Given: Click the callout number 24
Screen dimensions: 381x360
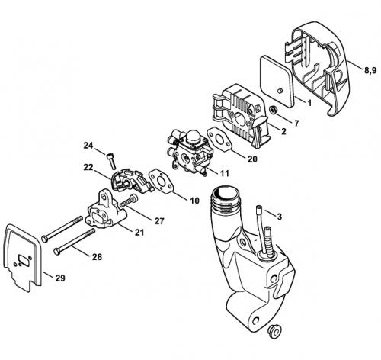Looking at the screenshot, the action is click(x=88, y=146).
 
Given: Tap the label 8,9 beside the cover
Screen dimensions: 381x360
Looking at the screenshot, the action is click(x=370, y=70).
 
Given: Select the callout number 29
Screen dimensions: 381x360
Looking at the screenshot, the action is click(x=60, y=278).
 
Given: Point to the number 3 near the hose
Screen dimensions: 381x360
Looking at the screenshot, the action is click(x=280, y=217).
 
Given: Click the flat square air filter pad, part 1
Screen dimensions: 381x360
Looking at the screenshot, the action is click(x=277, y=81).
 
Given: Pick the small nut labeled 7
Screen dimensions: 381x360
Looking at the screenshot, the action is click(x=274, y=110).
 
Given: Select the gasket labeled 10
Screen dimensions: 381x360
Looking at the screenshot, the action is click(x=161, y=182).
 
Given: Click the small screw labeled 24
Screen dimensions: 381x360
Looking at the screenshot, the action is click(x=111, y=161).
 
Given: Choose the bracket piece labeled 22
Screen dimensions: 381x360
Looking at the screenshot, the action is click(x=132, y=180).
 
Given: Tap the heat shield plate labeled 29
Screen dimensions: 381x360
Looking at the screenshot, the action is click(x=22, y=257).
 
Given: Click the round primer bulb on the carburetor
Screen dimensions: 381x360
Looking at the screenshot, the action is click(x=193, y=138).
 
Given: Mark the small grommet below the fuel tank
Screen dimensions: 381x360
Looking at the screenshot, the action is click(x=274, y=331).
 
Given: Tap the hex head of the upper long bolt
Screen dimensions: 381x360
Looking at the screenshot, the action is click(x=45, y=239).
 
